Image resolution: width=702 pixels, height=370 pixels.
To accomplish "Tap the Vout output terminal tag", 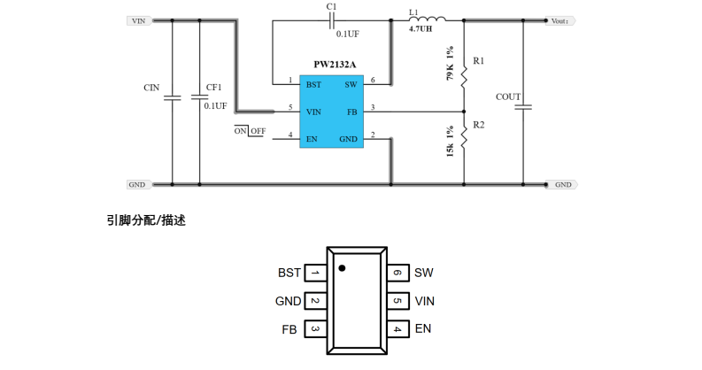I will tap(561, 20).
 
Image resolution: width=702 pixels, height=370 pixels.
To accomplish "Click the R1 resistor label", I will tap(478, 61).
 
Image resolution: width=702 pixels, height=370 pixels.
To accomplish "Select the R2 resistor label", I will tap(478, 126).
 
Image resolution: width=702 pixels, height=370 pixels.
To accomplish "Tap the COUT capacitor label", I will tap(508, 96).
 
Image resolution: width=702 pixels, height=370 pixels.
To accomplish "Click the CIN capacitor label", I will tap(151, 88).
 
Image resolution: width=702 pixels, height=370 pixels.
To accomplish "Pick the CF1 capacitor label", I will tap(213, 88).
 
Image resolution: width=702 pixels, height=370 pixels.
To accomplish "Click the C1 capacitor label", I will tap(331, 6).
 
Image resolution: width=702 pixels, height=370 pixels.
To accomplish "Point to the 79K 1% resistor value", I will tap(450, 64).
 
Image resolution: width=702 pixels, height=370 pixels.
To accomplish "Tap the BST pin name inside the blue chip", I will tap(313, 84).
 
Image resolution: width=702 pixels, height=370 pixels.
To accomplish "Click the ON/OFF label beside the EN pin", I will tap(250, 131).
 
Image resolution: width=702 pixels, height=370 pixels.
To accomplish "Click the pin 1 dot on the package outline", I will tap(342, 266).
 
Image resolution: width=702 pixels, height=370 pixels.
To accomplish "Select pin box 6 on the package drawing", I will tap(398, 273).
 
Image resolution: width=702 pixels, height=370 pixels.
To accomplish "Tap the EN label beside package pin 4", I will tap(423, 328).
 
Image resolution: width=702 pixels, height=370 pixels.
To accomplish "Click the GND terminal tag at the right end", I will tap(564, 185).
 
